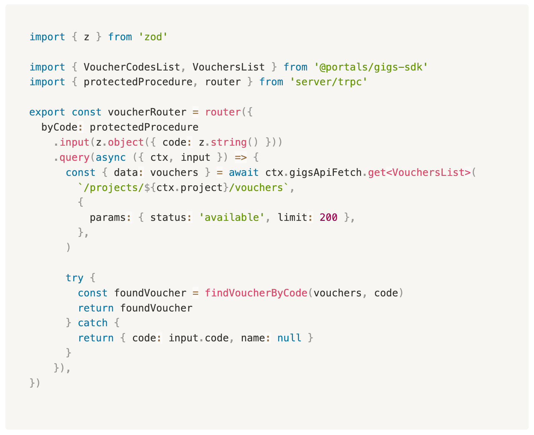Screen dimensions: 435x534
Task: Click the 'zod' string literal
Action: [153, 37]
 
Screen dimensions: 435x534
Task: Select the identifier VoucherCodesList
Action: [132, 67]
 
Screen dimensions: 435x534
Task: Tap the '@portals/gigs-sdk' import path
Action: [371, 67]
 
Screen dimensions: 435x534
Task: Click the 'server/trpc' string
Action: [329, 82]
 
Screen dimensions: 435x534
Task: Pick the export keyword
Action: [47, 112]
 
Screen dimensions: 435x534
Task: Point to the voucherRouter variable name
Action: [147, 112]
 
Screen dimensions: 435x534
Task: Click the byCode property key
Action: [59, 127]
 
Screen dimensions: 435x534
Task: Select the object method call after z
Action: [126, 142]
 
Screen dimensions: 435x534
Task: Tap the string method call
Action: [228, 142]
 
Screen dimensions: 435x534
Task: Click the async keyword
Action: [110, 157]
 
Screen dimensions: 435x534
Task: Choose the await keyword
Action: [243, 173]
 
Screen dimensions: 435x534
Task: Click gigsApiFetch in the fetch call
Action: [325, 173]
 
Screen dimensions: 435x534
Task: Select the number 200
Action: [328, 217]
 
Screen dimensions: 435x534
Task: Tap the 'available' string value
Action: [231, 217]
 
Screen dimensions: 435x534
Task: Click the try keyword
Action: [74, 278]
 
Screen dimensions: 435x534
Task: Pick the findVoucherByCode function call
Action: [256, 293]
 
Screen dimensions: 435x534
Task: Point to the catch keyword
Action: [92, 323]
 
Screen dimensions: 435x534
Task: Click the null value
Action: [289, 338]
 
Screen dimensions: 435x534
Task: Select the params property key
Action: [107, 217]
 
